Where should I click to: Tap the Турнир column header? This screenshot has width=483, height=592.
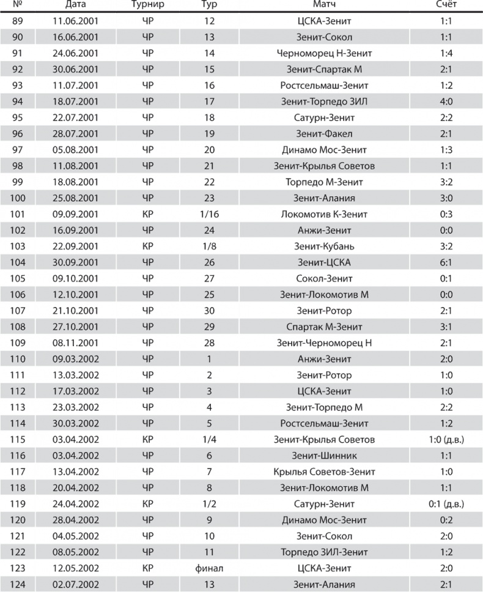pos(147,6)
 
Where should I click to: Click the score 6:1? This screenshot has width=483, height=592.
pos(445,262)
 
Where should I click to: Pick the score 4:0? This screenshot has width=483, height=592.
pos(445,102)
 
